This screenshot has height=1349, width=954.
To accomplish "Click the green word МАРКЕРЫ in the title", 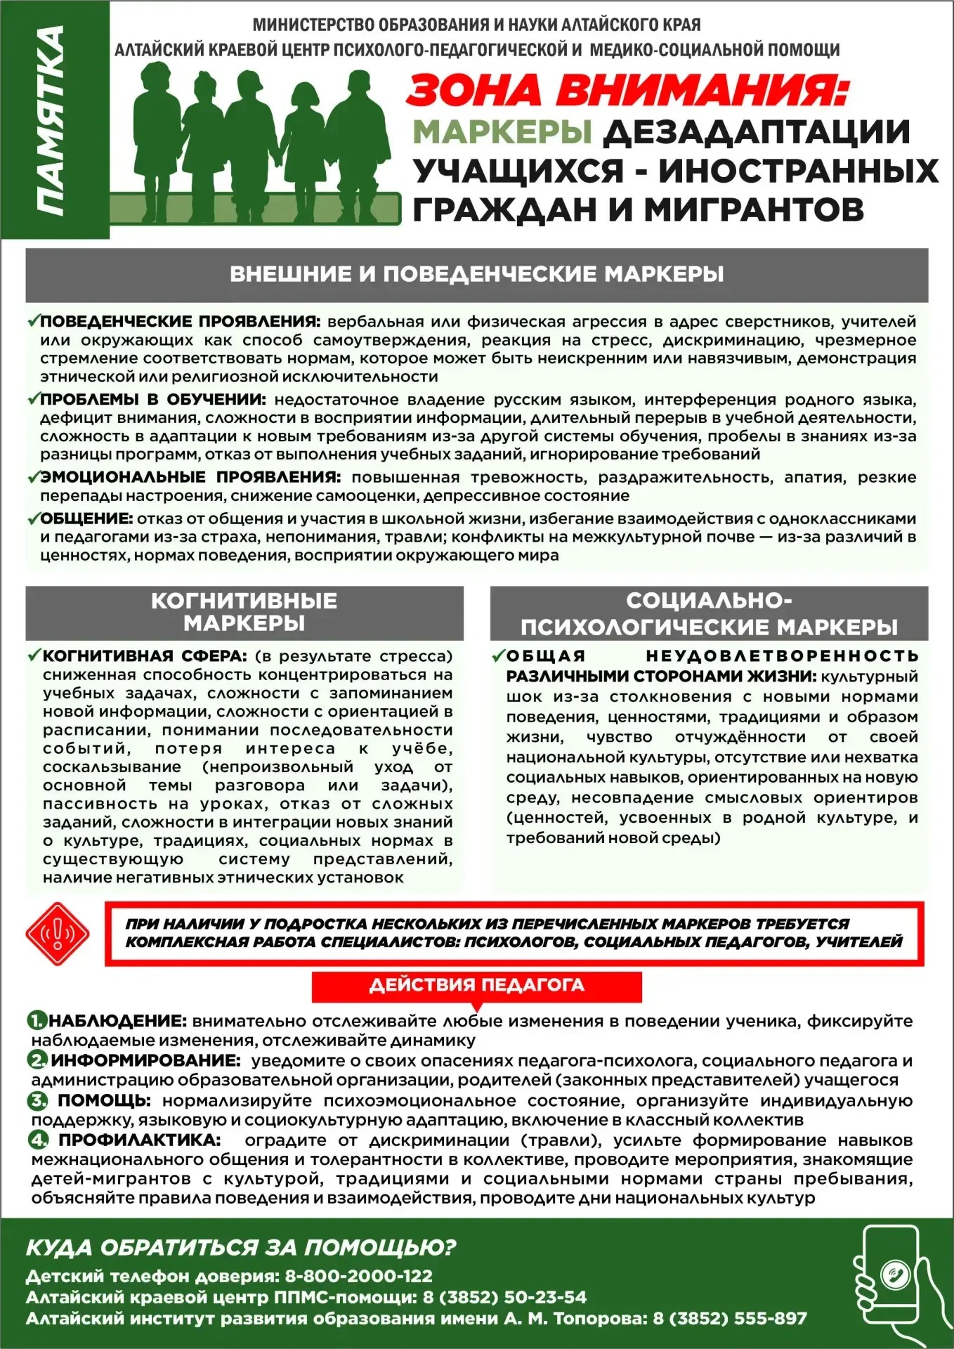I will pyautogui.click(x=502, y=132).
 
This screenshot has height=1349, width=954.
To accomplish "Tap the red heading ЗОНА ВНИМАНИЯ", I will pyautogui.click(x=627, y=90).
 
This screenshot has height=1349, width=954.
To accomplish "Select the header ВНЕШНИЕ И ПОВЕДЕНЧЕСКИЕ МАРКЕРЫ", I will pyautogui.click(x=476, y=274).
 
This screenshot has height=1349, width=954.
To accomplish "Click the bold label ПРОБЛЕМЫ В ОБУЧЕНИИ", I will pyautogui.click(x=152, y=400).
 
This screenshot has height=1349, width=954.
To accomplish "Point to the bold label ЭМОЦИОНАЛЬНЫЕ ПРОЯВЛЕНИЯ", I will pyautogui.click(x=190, y=477).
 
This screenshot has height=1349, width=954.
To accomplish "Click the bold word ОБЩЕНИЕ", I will pyautogui.click(x=86, y=519).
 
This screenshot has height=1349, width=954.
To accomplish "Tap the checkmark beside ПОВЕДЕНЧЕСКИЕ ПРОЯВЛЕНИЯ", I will pyautogui.click(x=32, y=321).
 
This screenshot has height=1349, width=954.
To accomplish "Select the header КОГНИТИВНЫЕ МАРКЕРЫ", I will pyautogui.click(x=244, y=611).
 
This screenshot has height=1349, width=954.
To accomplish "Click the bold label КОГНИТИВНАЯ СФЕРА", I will pyautogui.click(x=144, y=656).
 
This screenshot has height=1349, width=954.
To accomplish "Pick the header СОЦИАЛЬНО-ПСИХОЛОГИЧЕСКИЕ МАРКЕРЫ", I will pyautogui.click(x=709, y=613).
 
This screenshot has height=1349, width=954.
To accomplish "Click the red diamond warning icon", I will pyautogui.click(x=57, y=934).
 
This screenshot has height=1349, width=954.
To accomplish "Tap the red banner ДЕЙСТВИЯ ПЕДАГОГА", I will pyautogui.click(x=476, y=985).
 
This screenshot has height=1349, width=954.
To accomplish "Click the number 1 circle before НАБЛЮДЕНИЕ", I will pyautogui.click(x=37, y=1020).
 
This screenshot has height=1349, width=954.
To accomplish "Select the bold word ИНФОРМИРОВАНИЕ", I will pyautogui.click(x=145, y=1060).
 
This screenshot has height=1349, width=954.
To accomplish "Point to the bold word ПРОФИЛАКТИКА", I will pyautogui.click(x=139, y=1139).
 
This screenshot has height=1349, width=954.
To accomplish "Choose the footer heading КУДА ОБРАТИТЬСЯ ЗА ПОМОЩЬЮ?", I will pyautogui.click(x=241, y=1247).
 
